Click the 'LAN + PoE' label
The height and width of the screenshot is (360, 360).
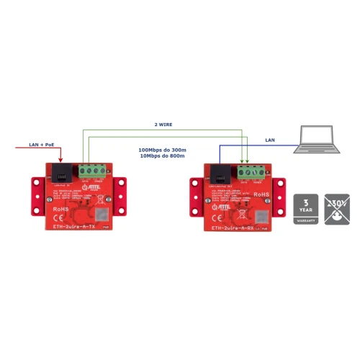(x=40, y=145)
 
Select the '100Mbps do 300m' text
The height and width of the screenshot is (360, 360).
(x=161, y=150)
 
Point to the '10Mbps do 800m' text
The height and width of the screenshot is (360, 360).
(x=161, y=156)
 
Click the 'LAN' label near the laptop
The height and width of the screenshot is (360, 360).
(x=270, y=140)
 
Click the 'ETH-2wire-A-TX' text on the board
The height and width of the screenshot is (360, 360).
(x=75, y=226)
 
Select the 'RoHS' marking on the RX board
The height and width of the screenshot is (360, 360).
(x=261, y=195)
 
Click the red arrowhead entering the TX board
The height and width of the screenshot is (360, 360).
(x=61, y=161)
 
